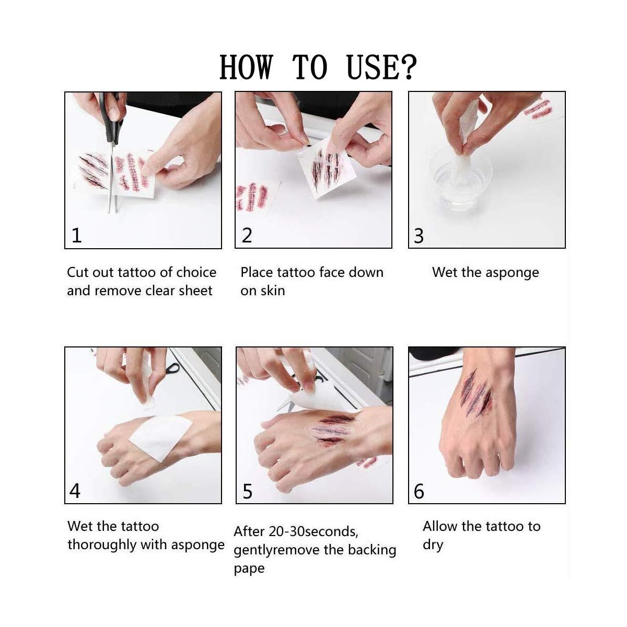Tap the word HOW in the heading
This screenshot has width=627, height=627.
click(x=246, y=67)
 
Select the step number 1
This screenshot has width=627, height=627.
click(x=76, y=235)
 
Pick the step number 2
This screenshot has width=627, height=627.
click(x=247, y=235)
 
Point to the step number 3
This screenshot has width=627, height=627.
click(x=419, y=236)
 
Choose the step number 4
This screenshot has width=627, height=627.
click(x=75, y=491)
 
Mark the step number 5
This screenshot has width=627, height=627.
click(x=248, y=491)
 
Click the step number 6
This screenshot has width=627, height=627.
click(x=419, y=491)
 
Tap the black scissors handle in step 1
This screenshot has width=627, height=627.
click(x=111, y=117)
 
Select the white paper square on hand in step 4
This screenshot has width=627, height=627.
click(x=161, y=438)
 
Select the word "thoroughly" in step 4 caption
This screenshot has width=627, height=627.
click(x=102, y=545)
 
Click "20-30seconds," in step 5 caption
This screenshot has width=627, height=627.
click(x=313, y=532)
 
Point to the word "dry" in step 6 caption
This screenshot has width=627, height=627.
click(x=433, y=545)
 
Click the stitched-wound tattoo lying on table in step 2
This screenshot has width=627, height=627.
click(x=253, y=197)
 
